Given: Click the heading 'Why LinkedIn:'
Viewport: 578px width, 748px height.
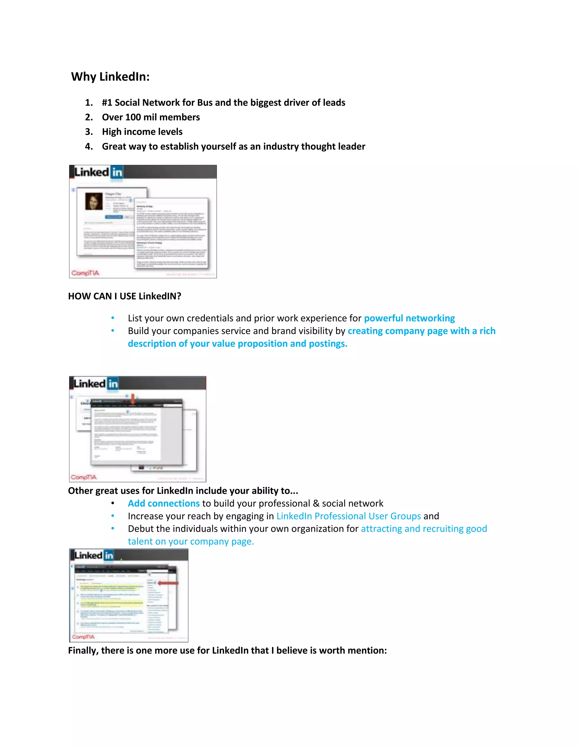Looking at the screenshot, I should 110,76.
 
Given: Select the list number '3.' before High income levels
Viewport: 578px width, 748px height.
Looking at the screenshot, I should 89,132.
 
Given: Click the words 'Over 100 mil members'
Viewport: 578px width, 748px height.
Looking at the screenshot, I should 151,117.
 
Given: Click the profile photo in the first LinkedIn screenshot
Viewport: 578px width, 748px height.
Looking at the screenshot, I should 93,201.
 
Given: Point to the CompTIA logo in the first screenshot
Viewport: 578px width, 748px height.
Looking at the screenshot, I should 85,273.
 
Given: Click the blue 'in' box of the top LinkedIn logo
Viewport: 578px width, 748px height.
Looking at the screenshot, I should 117,172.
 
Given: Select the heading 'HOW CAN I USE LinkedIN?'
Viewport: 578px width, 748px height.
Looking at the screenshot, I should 124,296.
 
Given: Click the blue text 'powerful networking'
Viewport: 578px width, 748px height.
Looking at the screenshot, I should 409,318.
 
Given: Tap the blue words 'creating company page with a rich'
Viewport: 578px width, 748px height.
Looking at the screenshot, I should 421,331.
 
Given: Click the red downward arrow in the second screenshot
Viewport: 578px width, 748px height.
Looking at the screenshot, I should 133,399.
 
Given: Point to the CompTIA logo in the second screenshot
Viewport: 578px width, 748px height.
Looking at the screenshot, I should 84,477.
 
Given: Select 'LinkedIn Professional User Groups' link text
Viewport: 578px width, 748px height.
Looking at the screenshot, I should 348,516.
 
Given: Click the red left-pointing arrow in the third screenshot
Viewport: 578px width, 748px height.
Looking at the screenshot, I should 168,583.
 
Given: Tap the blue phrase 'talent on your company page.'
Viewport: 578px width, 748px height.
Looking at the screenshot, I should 191,541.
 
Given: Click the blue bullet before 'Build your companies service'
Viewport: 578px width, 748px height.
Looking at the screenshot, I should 113,331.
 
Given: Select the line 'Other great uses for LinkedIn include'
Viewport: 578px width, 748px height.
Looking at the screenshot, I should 183,491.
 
